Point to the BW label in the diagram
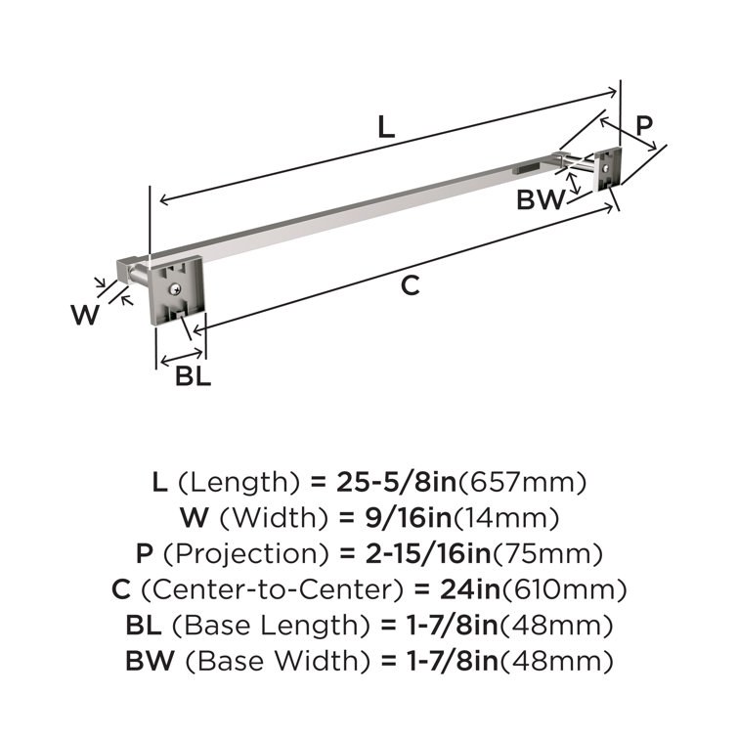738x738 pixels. [x=541, y=200]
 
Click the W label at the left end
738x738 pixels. [x=86, y=315]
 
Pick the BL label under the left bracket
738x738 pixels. [x=193, y=375]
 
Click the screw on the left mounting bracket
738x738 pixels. [x=173, y=287]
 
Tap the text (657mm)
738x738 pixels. [x=522, y=482]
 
